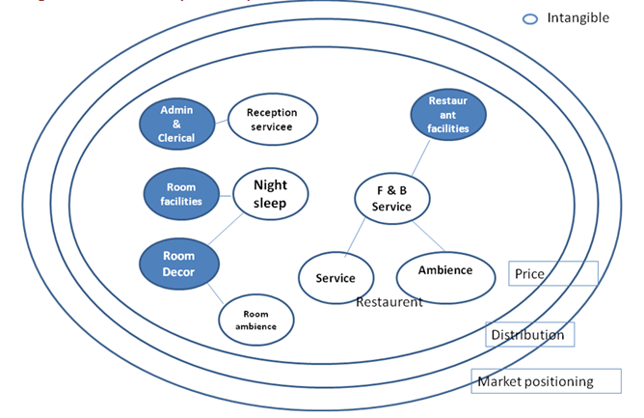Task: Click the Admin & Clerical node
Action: pyautogui.click(x=176, y=124)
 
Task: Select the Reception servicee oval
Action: pyautogui.click(x=272, y=120)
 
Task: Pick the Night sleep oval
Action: pyautogui.click(x=271, y=193)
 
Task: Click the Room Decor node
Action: pyautogui.click(x=178, y=264)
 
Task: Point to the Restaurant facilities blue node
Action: pyautogui.click(x=447, y=114)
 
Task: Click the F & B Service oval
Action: pyautogui.click(x=391, y=199)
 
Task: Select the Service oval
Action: pyautogui.click(x=335, y=278)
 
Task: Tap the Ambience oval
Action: pyautogui.click(x=445, y=270)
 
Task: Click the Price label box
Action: pyautogui.click(x=553, y=273)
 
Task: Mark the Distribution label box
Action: pyautogui.click(x=530, y=334)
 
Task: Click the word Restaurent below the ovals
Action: pyautogui.click(x=389, y=302)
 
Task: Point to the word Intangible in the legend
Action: pyautogui.click(x=578, y=17)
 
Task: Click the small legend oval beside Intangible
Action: pyautogui.click(x=530, y=18)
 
